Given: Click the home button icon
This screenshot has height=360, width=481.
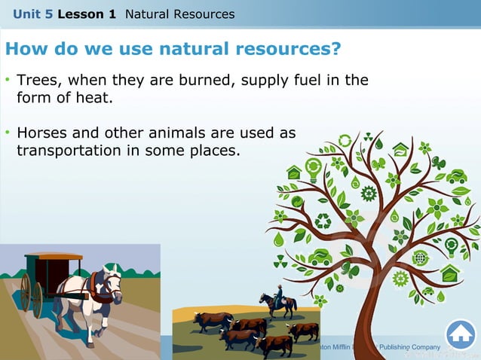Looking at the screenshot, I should (460, 334).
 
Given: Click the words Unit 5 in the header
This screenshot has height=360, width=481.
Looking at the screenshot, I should (32, 14).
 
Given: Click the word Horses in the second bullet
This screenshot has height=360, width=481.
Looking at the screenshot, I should (41, 133).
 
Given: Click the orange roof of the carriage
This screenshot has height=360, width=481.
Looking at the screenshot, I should (53, 256).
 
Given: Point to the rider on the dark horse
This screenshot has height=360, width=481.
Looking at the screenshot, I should (278, 294).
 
